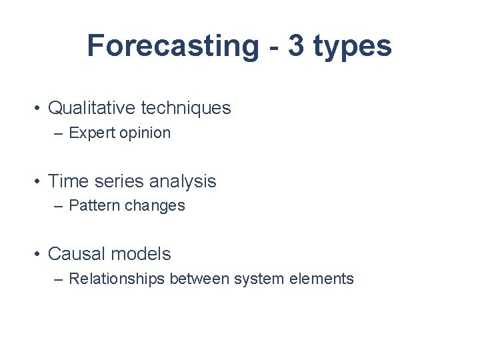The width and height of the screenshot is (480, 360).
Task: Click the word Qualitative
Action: pos(91,108)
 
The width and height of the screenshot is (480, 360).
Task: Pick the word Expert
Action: pos(91,133)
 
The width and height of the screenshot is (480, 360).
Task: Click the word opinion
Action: pos(145,133)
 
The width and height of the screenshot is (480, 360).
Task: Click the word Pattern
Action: pos(93,206)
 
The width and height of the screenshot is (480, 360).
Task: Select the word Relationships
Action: pos(117,279)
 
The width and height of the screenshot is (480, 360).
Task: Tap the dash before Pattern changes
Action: pos(59,207)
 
